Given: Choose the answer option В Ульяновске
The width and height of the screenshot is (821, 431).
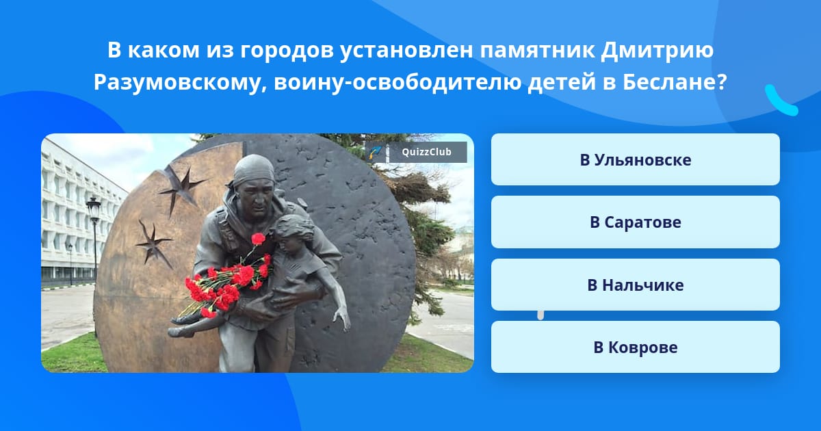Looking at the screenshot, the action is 635,159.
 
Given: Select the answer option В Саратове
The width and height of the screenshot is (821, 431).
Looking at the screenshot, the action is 635,222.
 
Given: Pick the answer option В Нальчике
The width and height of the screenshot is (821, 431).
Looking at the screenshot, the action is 635,285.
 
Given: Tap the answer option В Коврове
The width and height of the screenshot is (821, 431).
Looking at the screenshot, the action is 635,347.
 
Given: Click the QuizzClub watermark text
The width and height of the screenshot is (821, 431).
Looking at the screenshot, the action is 427,152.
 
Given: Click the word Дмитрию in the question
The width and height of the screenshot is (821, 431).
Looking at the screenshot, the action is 657,50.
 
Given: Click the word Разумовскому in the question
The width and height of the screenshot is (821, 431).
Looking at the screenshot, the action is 181,83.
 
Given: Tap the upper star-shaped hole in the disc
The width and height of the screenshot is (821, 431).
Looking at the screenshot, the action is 182,190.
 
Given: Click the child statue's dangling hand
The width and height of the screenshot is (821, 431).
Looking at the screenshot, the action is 342,317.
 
